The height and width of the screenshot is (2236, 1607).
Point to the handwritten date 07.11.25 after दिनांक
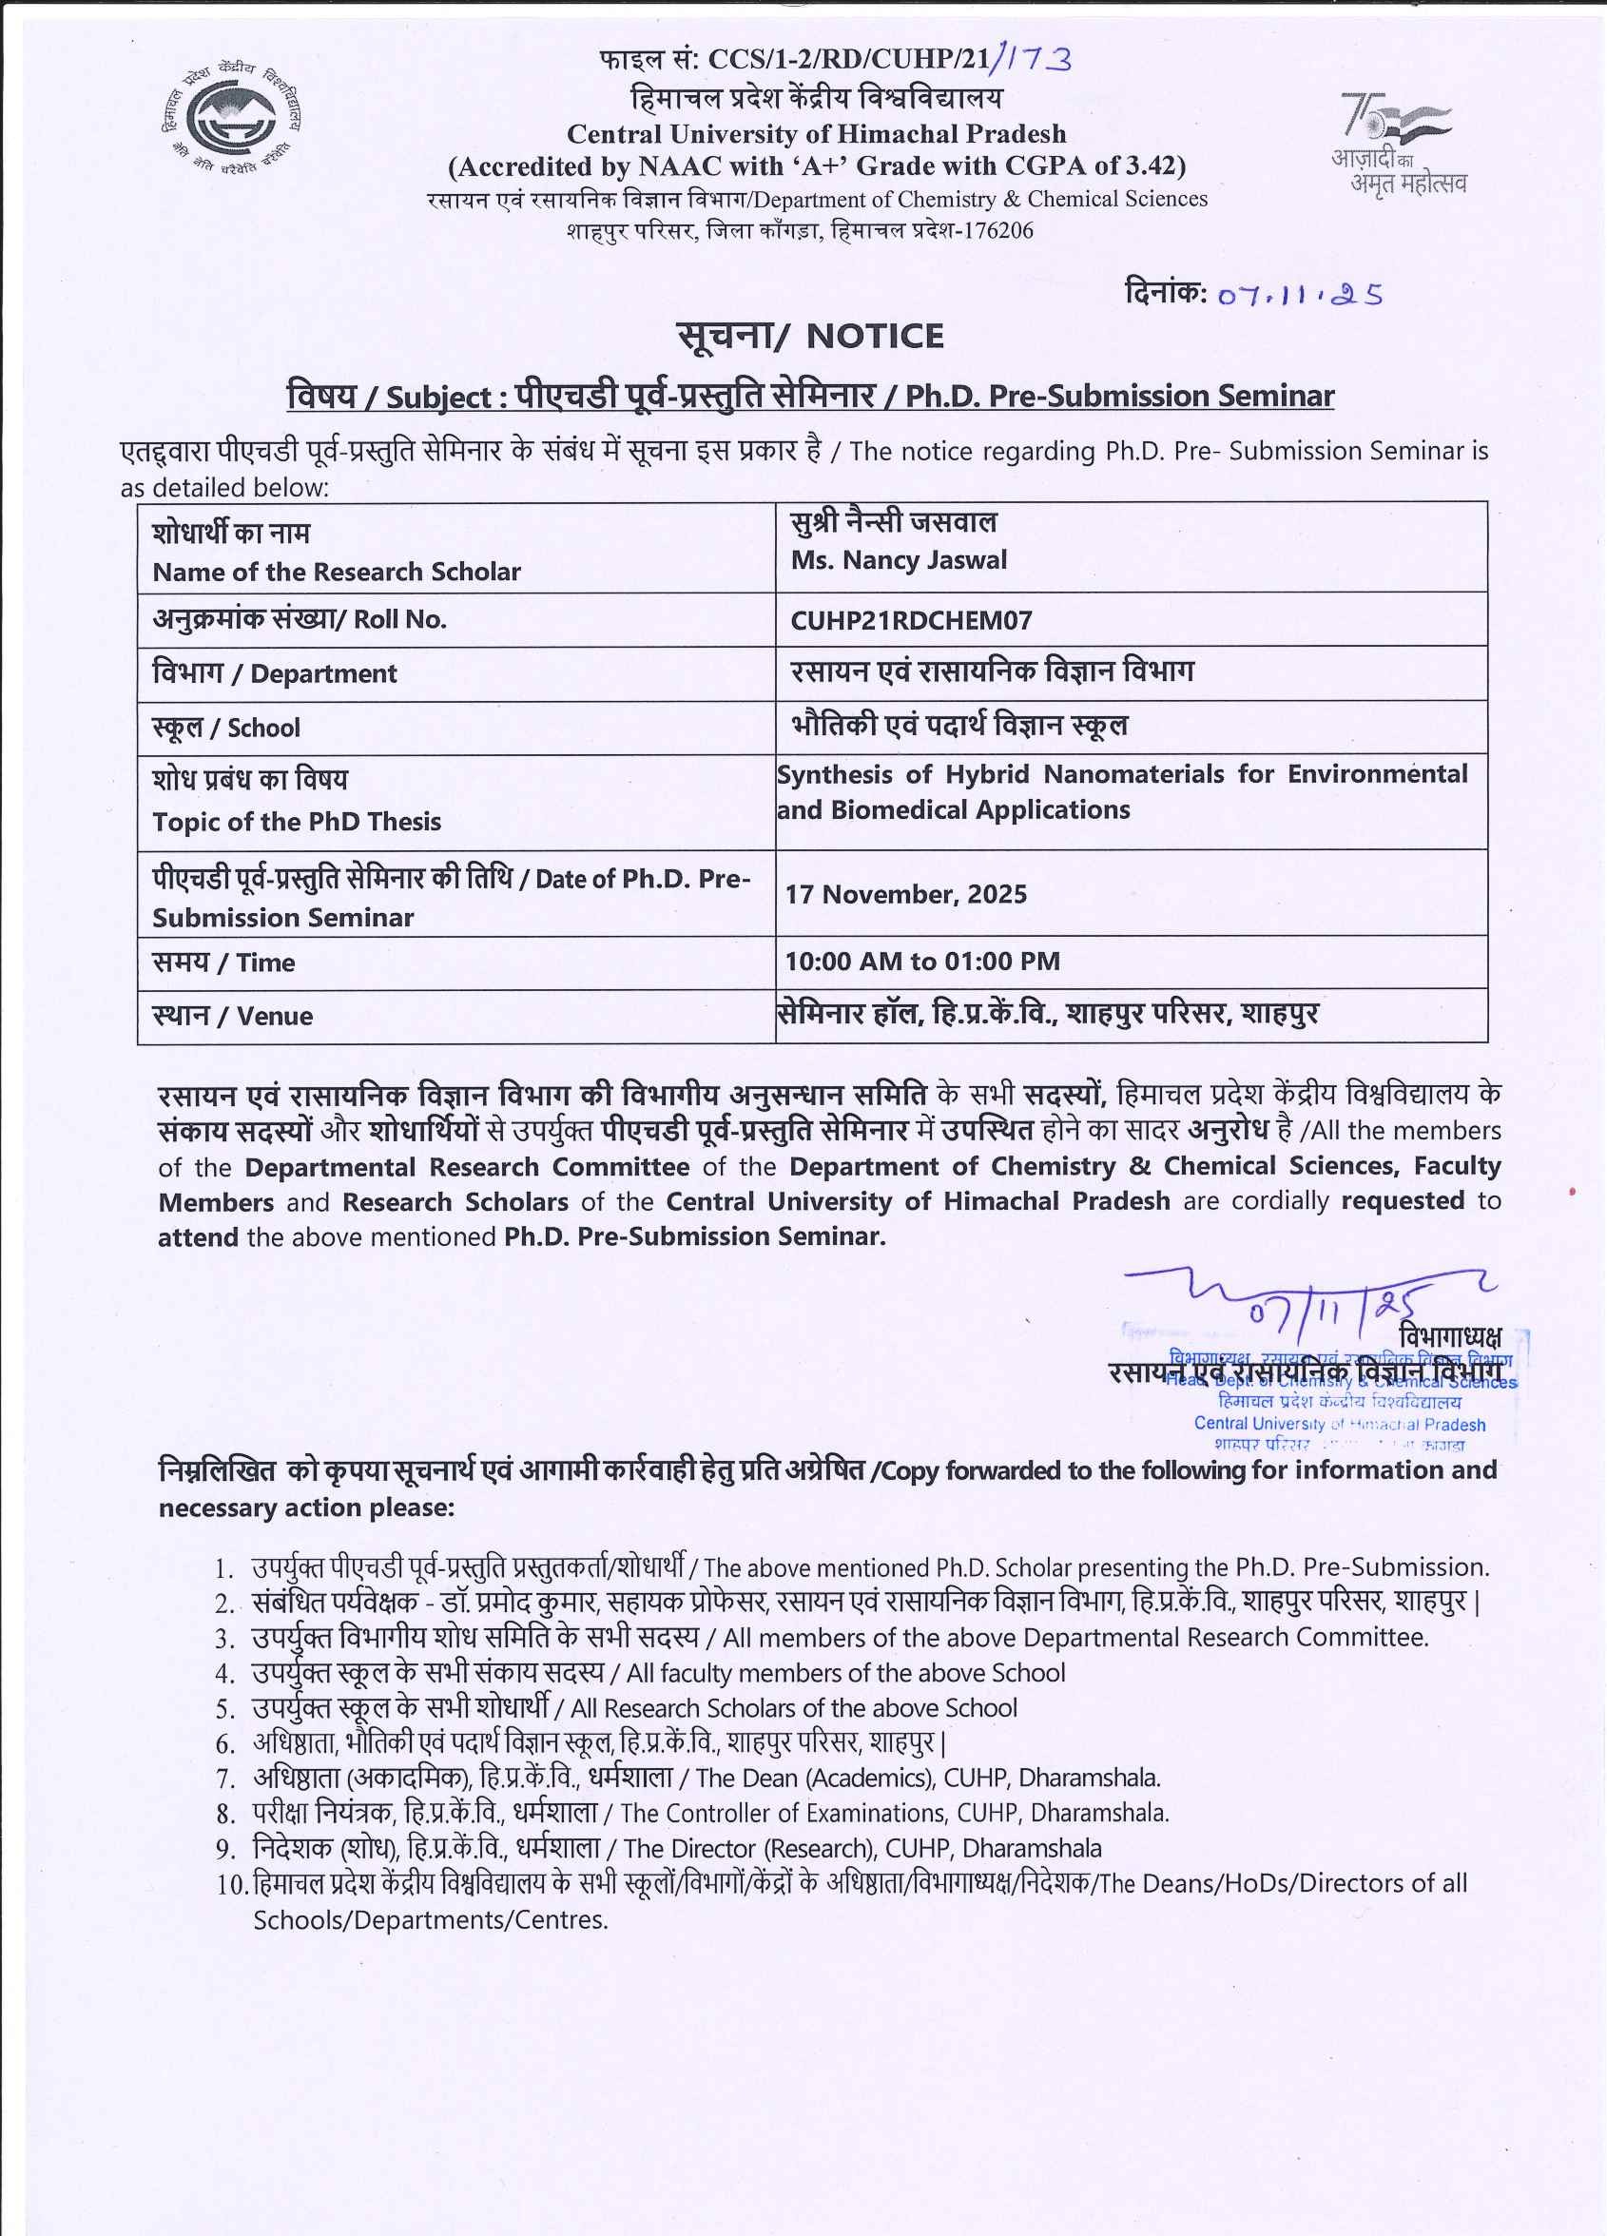[x=1300, y=295]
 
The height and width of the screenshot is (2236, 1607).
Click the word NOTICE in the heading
[x=875, y=336]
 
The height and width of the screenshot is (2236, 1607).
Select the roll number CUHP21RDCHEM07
[x=911, y=620]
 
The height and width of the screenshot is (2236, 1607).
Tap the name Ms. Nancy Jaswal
[x=899, y=560]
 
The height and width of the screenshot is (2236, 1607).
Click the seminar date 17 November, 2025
[x=905, y=894]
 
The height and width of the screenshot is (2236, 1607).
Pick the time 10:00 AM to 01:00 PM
[x=921, y=962]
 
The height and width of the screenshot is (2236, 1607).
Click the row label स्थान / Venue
[x=233, y=1016]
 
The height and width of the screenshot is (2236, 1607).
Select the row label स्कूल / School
[x=225, y=728]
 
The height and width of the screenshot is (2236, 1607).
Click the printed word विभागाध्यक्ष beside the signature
[x=1448, y=1337]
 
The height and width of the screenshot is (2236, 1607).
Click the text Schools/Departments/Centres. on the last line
[x=430, y=1919]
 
